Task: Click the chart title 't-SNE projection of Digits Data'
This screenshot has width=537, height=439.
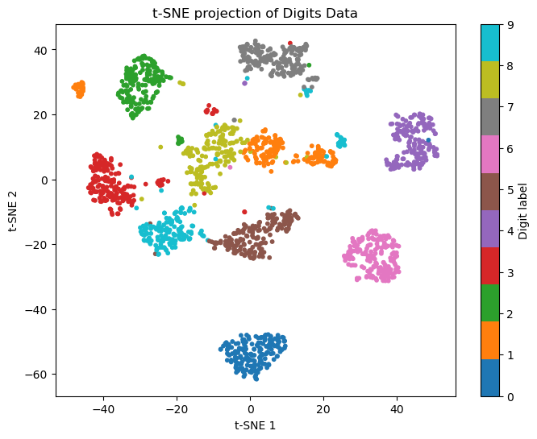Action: point(255,13)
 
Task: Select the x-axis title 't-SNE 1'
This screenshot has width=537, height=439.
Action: point(255,425)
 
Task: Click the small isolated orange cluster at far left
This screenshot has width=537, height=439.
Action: point(79,89)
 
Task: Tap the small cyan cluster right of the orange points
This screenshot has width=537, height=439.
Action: point(341,142)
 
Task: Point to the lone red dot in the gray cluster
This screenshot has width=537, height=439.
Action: point(290,43)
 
